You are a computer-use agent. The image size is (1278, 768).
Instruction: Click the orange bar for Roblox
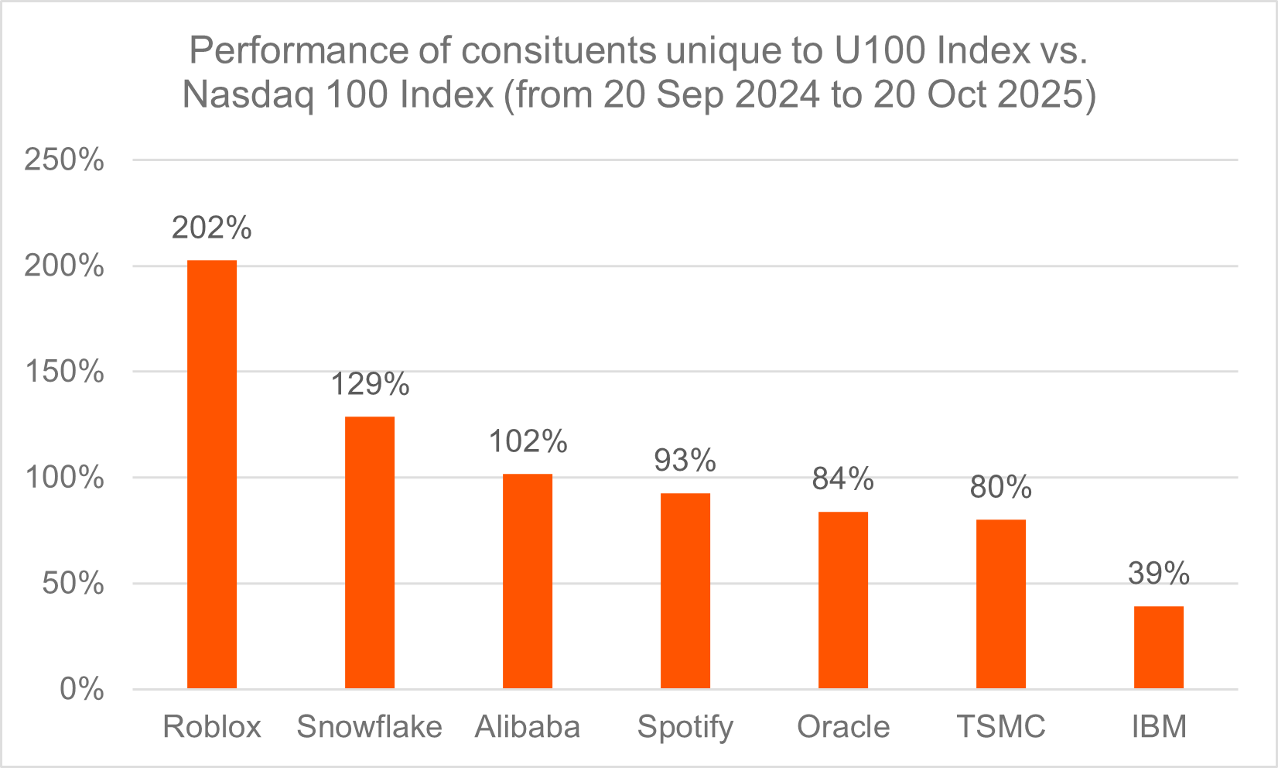(x=212, y=474)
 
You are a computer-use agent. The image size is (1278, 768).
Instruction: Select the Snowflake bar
(x=370, y=552)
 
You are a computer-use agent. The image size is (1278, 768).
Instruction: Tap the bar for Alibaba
(x=528, y=581)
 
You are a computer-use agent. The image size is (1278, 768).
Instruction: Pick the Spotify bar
(x=685, y=590)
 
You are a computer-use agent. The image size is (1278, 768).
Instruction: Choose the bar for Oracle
(x=843, y=600)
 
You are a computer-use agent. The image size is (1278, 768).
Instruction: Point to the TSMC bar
(x=1001, y=604)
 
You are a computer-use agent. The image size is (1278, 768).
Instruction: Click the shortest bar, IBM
(x=1159, y=647)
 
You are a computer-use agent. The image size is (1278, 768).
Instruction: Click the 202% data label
(x=212, y=228)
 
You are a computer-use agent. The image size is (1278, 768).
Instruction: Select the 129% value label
(x=370, y=384)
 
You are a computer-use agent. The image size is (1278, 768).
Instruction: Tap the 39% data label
(x=1159, y=574)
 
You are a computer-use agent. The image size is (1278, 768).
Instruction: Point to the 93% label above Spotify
(x=685, y=461)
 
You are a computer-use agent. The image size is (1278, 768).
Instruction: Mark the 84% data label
(x=843, y=479)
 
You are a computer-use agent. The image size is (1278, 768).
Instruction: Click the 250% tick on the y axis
(x=64, y=160)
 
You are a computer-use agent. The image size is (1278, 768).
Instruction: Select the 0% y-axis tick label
(x=82, y=689)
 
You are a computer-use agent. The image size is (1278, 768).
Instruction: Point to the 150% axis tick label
(x=64, y=372)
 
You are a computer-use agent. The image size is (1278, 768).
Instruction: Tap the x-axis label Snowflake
(x=370, y=727)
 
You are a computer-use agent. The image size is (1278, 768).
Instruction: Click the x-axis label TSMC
(x=1001, y=727)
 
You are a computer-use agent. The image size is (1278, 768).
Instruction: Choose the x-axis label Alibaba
(x=528, y=727)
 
